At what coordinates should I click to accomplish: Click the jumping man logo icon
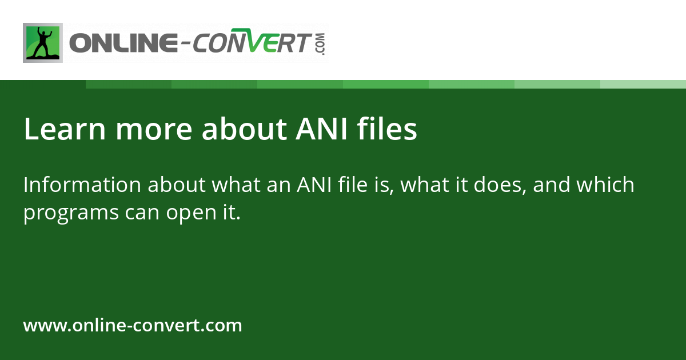click(43, 43)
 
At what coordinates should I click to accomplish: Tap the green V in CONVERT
click(260, 43)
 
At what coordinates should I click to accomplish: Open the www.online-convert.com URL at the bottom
click(133, 326)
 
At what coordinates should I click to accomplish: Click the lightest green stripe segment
click(643, 84)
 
